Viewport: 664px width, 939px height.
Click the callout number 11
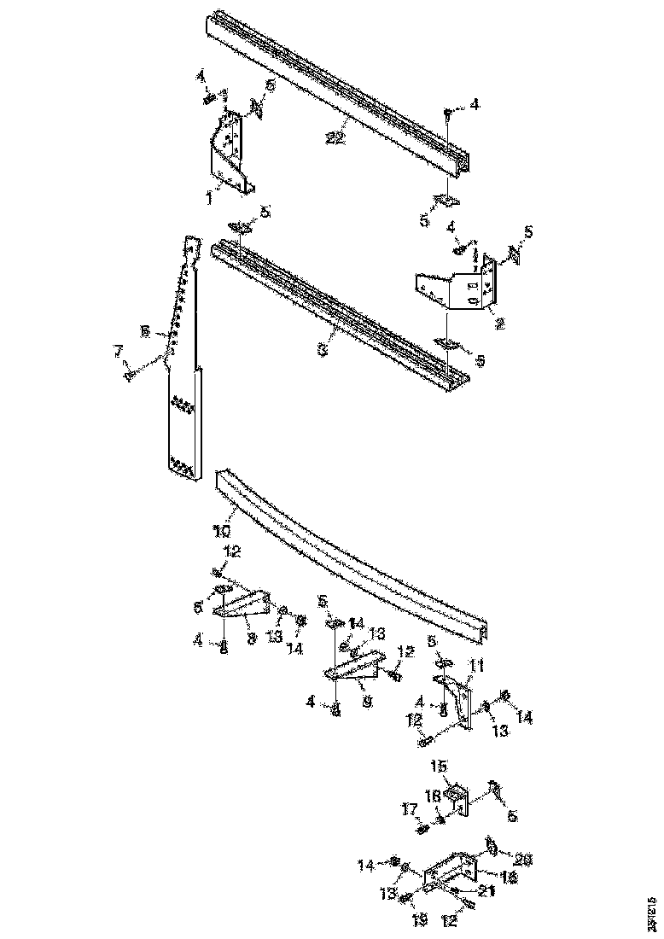pos(476,666)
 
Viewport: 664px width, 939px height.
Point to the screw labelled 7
pos(131,373)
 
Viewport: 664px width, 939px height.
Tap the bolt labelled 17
pos(422,826)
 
